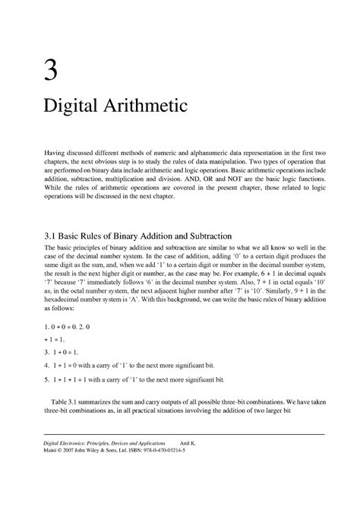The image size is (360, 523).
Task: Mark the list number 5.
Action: coord(46,378)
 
